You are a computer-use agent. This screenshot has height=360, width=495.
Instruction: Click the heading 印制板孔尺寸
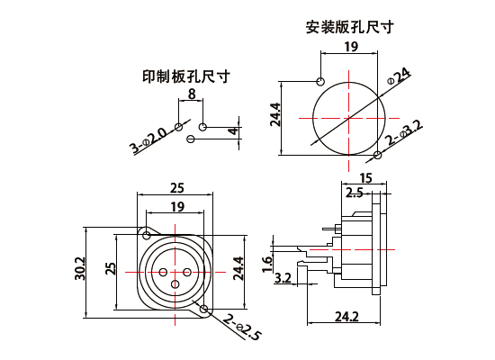(x=186, y=76)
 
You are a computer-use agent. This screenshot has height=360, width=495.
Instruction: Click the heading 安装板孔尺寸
(x=350, y=27)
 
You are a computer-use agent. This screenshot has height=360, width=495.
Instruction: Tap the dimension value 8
(x=192, y=94)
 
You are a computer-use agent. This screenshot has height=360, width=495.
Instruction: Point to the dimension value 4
(x=233, y=130)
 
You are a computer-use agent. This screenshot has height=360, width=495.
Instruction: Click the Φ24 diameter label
(x=399, y=76)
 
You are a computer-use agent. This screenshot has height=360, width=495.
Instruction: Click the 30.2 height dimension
(x=80, y=268)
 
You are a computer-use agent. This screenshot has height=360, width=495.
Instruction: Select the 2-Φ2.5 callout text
(x=242, y=328)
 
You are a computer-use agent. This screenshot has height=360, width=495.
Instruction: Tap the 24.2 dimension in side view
(x=346, y=317)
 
